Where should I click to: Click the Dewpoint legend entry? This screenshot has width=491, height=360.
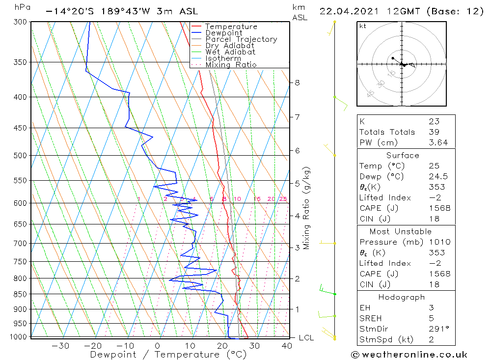click(223, 33)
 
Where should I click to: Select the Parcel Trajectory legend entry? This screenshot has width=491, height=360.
click(241, 39)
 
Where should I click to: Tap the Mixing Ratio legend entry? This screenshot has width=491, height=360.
click(231, 65)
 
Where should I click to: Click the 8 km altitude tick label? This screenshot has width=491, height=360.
click(297, 83)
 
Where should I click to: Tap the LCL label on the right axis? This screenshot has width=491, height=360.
click(306, 337)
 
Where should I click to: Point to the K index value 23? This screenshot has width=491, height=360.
click(434, 121)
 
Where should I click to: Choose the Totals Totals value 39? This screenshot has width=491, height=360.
click(434, 132)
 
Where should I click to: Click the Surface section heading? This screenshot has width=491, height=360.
click(403, 155)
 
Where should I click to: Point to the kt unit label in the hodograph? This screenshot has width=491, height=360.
click(362, 26)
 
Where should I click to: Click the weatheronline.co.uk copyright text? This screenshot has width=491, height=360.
click(409, 355)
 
